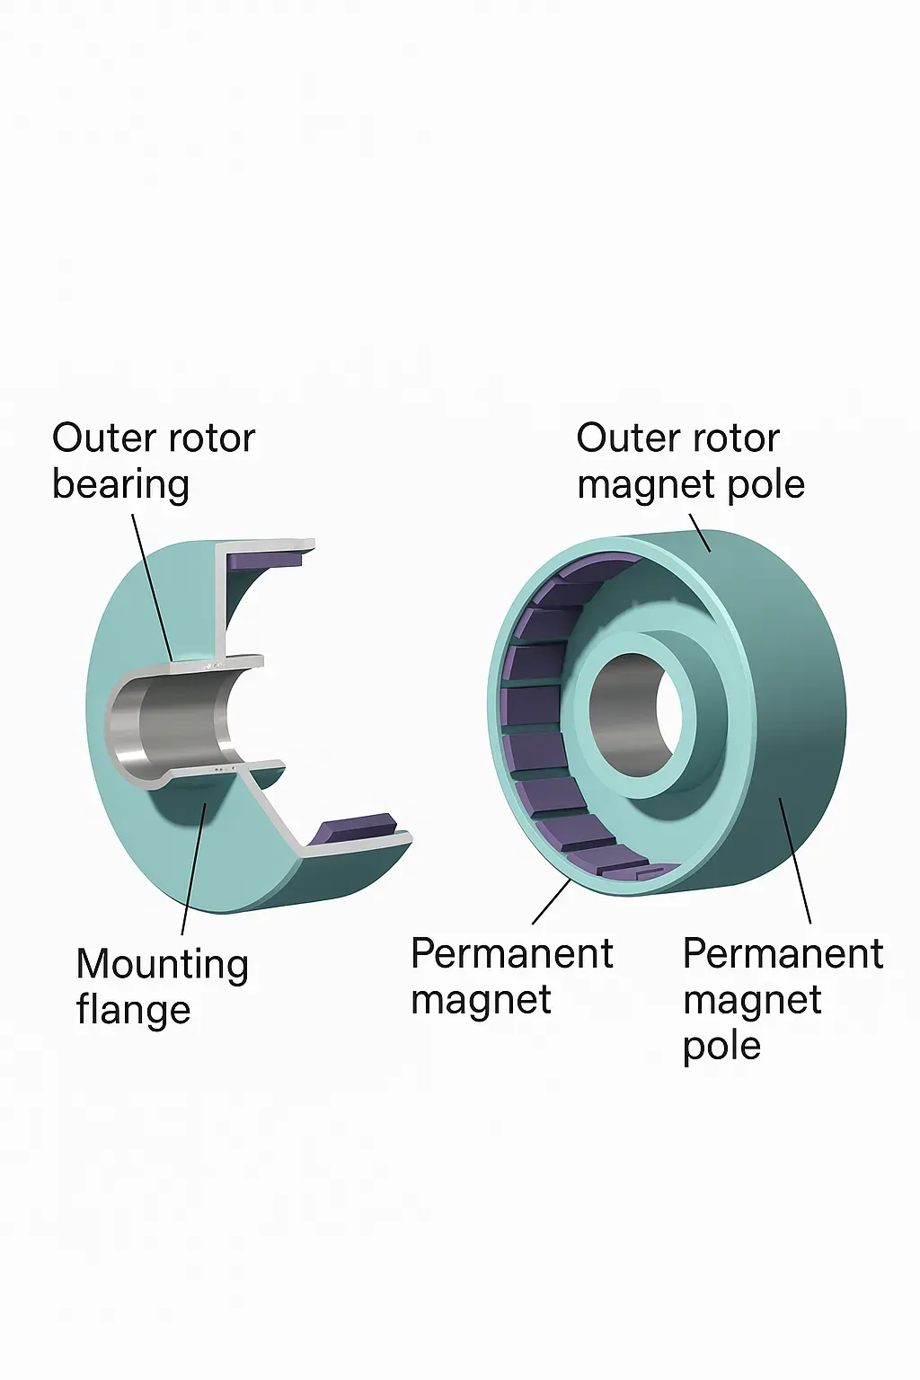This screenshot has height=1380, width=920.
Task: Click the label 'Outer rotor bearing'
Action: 154,461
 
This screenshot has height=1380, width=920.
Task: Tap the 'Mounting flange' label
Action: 162,986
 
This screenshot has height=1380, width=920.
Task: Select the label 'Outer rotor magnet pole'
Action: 690,461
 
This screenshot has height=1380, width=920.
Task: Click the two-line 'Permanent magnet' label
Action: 511,977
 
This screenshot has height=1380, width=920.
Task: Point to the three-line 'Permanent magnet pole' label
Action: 783,999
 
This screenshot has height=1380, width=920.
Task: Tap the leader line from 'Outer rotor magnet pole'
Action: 699,533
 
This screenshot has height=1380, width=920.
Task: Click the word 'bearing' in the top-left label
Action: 120,485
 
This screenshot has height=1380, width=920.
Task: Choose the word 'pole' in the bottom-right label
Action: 721,1046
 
